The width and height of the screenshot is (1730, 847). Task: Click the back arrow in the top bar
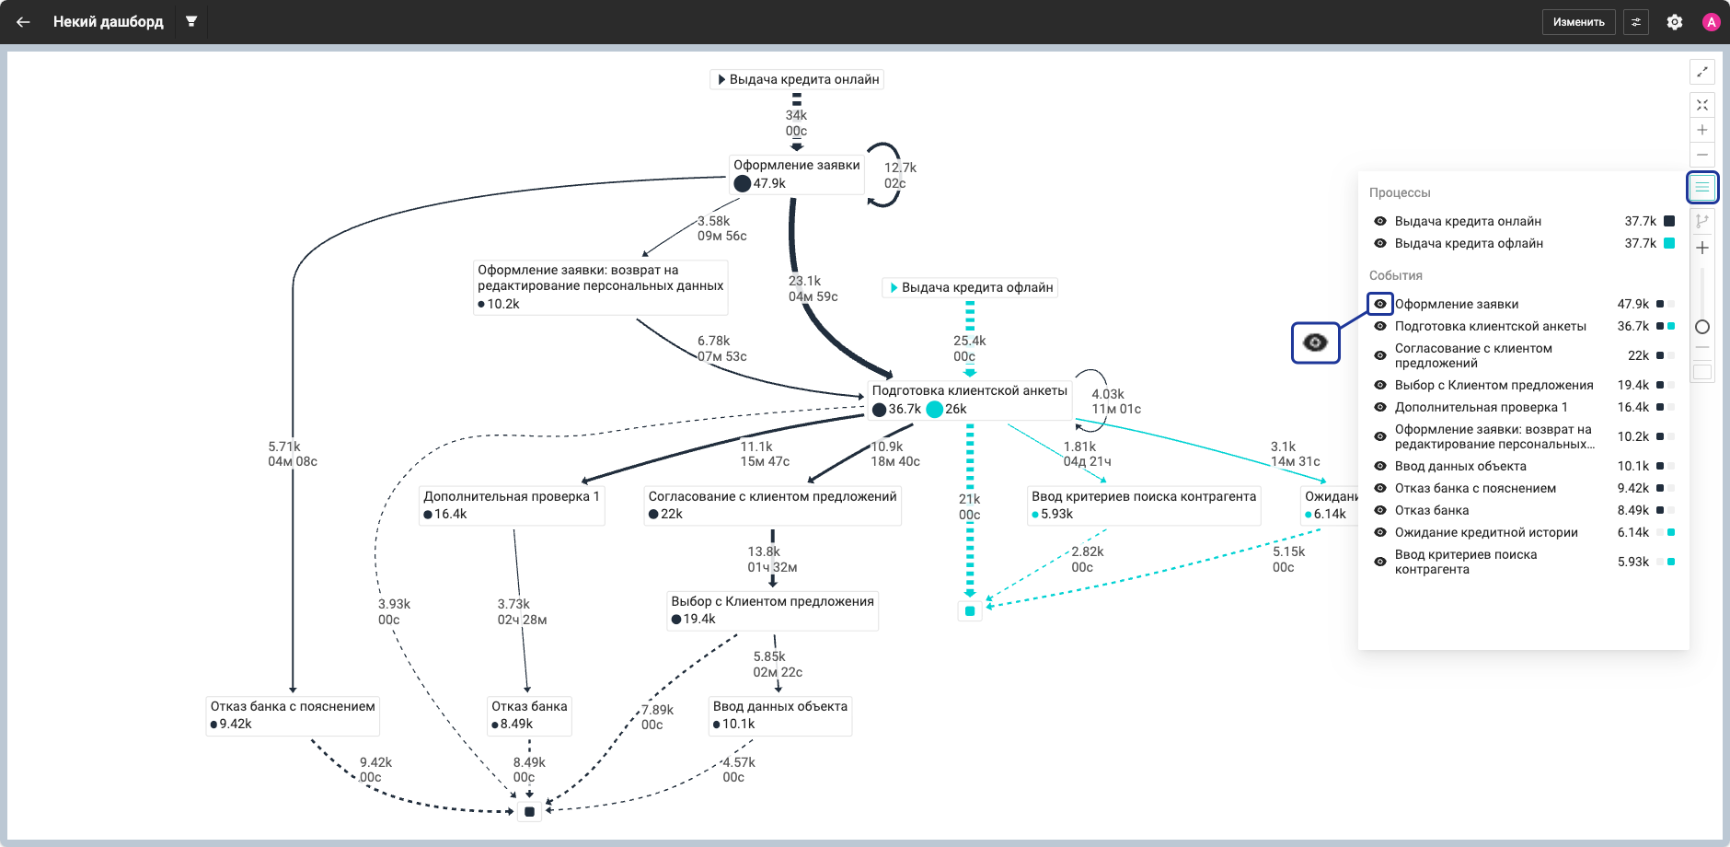point(23,22)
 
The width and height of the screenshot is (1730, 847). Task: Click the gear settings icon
point(1675,22)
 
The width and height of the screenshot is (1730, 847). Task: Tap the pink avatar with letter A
point(1712,22)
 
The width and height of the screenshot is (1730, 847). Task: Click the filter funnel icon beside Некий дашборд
point(191,21)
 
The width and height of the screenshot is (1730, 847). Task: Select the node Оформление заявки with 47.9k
point(797,174)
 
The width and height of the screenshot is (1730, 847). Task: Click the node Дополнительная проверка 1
point(512,505)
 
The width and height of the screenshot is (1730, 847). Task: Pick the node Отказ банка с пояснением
point(293,715)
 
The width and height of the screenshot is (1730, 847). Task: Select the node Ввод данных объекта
point(780,715)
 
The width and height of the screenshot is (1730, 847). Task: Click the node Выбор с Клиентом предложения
point(773,610)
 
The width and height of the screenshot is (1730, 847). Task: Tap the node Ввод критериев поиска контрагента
point(1144,505)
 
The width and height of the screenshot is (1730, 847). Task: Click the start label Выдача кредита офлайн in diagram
point(970,287)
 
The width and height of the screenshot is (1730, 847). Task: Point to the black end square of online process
point(529,812)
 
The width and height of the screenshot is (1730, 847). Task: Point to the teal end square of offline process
point(970,610)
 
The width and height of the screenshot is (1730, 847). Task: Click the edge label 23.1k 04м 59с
point(813,289)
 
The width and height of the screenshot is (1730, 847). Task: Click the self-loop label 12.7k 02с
point(900,176)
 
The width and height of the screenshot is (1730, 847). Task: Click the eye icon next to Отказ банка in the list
point(1380,510)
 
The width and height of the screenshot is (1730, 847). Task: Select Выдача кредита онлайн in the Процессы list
point(1468,221)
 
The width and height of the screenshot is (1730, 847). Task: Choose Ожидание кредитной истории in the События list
point(1486,532)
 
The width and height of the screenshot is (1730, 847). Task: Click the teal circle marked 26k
point(935,410)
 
